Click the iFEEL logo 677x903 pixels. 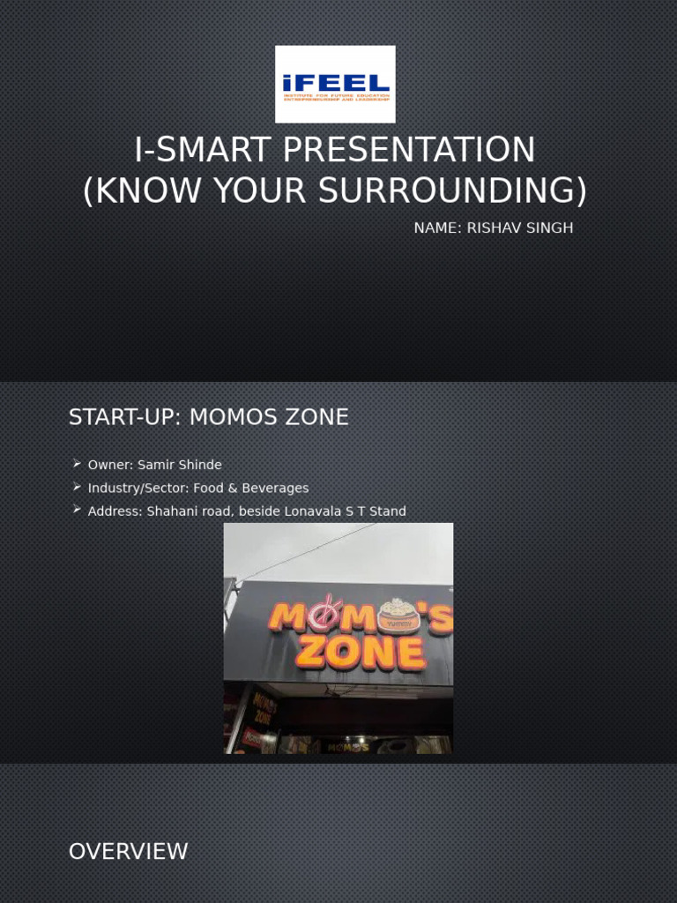pos(335,84)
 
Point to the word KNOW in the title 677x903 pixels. pos(142,191)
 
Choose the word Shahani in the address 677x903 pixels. pos(167,511)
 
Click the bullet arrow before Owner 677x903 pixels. pos(78,464)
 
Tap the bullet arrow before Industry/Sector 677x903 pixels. pos(78,487)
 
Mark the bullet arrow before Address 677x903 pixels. pos(78,510)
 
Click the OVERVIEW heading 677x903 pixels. pos(128,852)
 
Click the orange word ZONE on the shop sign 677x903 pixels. pos(361,653)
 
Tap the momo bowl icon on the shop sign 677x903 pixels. pos(398,615)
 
